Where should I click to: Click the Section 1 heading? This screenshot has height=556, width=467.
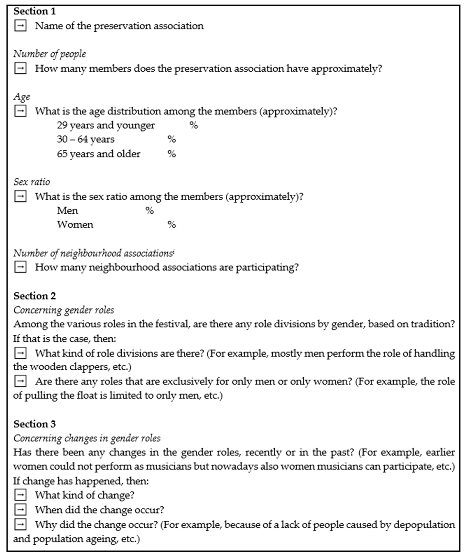pos(35,11)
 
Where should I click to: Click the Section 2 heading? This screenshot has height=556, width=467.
pos(35,296)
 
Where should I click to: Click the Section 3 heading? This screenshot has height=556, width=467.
pos(35,424)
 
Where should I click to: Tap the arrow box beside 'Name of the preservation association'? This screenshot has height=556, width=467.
pos(20,26)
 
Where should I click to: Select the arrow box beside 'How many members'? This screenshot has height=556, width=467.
pos(20,69)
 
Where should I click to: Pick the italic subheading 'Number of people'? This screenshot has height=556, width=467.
pos(50,54)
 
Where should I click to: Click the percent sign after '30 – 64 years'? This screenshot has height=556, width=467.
pos(172,139)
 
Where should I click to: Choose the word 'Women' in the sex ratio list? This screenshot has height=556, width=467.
pos(75,225)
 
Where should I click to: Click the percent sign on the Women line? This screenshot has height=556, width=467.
pos(172,225)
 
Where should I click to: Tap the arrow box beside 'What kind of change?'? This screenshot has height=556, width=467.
pos(20,495)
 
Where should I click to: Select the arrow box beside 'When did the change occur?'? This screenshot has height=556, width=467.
pos(20,510)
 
